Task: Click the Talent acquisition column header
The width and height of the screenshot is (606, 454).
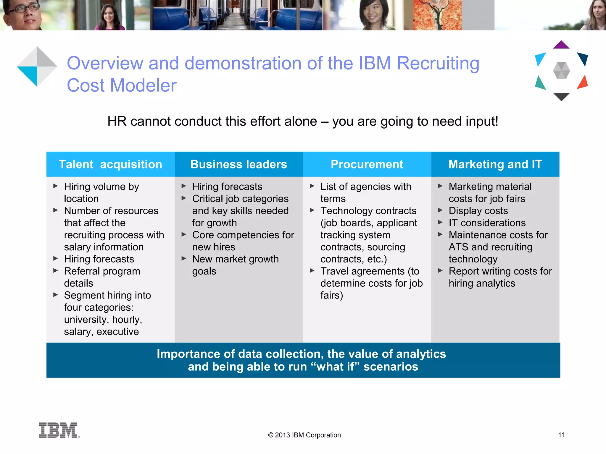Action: (x=110, y=164)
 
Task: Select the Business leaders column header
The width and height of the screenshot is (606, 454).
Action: (x=238, y=164)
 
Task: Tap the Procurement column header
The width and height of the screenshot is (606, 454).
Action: (x=367, y=164)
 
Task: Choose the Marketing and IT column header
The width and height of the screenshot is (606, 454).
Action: (x=495, y=164)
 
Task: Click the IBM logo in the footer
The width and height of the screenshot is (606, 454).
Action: (x=59, y=430)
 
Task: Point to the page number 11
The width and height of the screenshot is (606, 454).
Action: (x=561, y=435)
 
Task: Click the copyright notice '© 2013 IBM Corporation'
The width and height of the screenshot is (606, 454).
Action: (x=304, y=435)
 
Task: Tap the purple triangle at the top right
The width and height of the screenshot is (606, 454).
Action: (x=561, y=45)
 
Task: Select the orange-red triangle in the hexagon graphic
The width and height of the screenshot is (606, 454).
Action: (x=583, y=82)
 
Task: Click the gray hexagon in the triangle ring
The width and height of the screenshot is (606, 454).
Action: (x=561, y=71)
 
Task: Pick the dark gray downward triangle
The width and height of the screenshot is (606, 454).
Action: (x=561, y=96)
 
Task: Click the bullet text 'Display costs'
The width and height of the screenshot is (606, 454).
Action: (x=478, y=211)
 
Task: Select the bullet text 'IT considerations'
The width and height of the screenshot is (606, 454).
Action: (x=487, y=223)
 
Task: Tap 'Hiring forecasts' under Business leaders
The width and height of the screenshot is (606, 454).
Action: (x=227, y=187)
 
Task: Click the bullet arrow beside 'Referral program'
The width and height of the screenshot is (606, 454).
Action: (x=56, y=271)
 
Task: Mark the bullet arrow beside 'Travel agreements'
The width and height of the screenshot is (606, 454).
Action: (x=312, y=271)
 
